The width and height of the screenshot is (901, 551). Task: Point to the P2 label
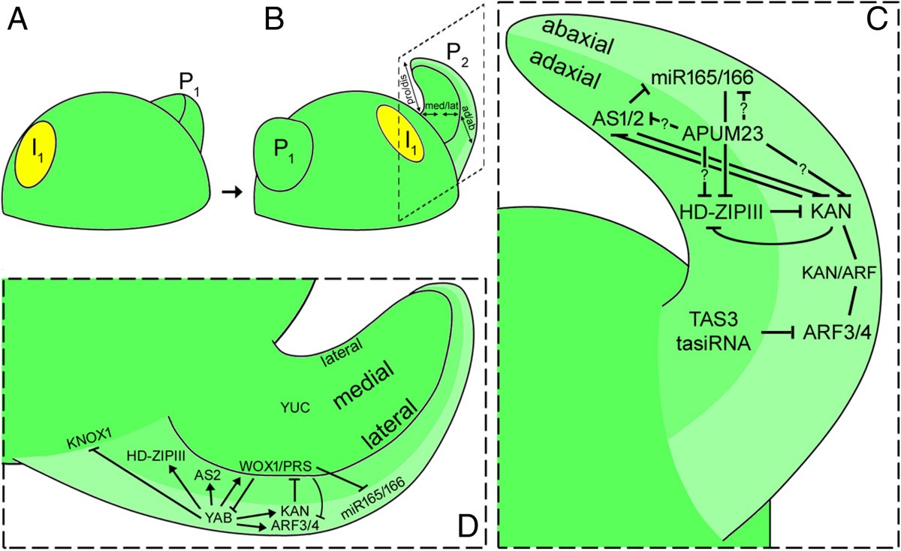coord(454,53)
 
